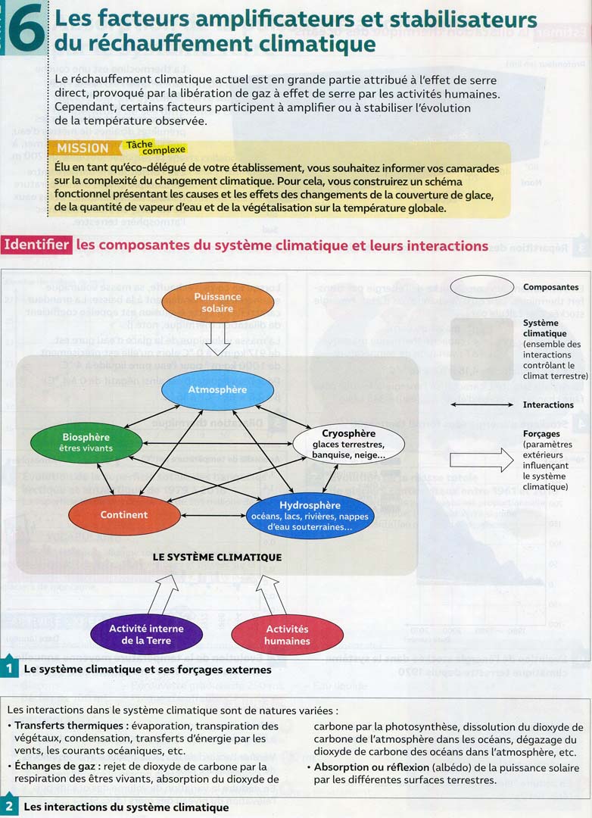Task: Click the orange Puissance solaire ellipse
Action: click(217, 302)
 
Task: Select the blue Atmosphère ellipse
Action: click(217, 390)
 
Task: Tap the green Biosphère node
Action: click(86, 442)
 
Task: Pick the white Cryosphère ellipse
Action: click(348, 444)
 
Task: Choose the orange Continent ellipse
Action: click(124, 515)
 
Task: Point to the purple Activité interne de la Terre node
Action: click(146, 635)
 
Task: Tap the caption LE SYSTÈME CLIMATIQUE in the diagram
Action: click(217, 557)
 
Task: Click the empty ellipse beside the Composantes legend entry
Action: click(482, 287)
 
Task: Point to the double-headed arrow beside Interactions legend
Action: click(482, 405)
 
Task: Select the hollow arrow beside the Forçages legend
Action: click(481, 460)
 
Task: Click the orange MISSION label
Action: click(83, 148)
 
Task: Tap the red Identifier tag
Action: click(37, 245)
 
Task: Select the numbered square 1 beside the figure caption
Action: click(8, 670)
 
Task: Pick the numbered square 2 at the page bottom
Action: click(8, 807)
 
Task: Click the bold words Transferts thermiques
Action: click(61, 726)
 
